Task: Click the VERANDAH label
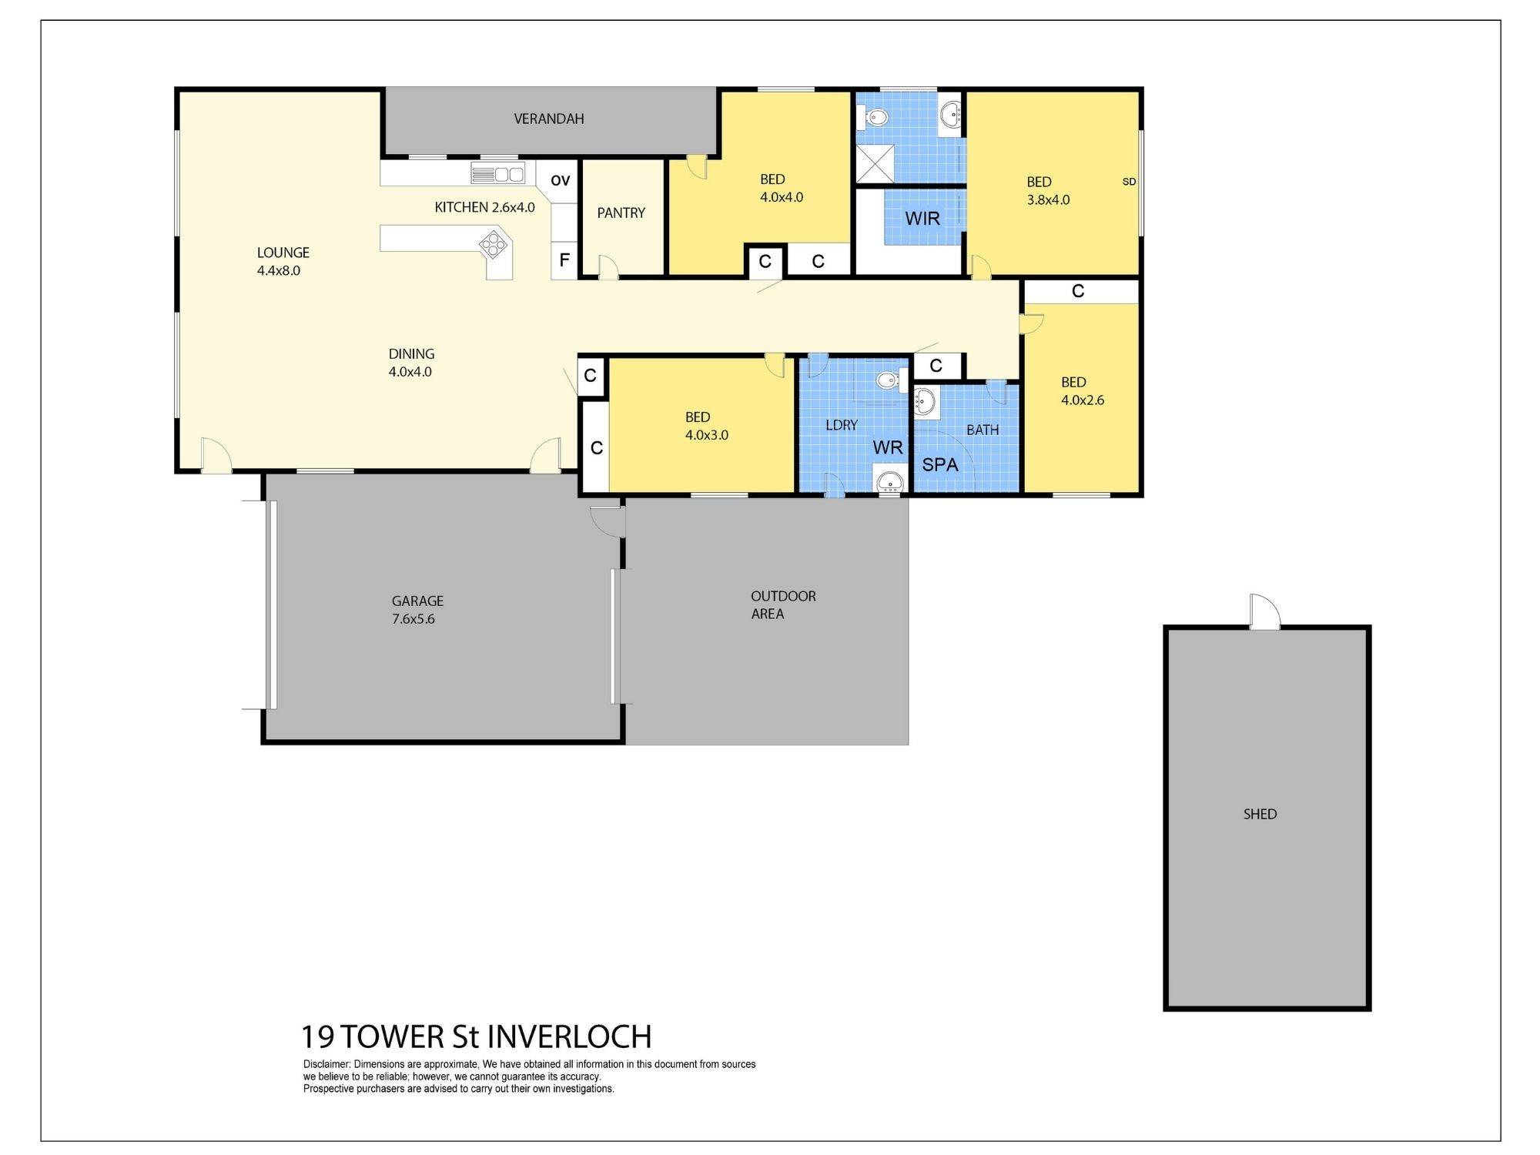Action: pos(548,119)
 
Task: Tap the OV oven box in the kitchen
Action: pos(560,181)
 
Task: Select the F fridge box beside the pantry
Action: pos(564,260)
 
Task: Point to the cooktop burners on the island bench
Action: pos(493,245)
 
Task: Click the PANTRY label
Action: pos(621,213)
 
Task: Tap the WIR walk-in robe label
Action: pos(922,219)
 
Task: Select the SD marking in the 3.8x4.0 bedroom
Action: pos(1129,182)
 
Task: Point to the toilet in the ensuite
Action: pos(876,118)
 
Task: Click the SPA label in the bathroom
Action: pos(939,465)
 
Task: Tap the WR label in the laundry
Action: pos(887,447)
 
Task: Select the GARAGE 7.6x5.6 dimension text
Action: pos(413,619)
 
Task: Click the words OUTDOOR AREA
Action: pos(782,604)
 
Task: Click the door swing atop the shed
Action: pos(1264,612)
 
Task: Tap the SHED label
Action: pos(1260,814)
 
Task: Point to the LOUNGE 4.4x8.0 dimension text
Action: pos(279,271)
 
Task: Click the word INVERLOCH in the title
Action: pos(569,1037)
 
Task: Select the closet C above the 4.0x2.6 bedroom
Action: pos(1078,291)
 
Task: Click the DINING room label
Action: pos(411,354)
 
